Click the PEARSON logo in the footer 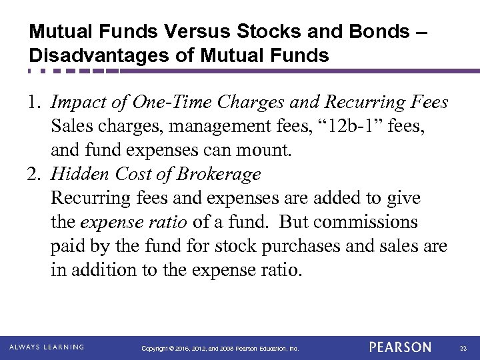click(x=400, y=347)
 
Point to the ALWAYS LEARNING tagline click(x=47, y=347)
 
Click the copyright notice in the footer click(x=221, y=348)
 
